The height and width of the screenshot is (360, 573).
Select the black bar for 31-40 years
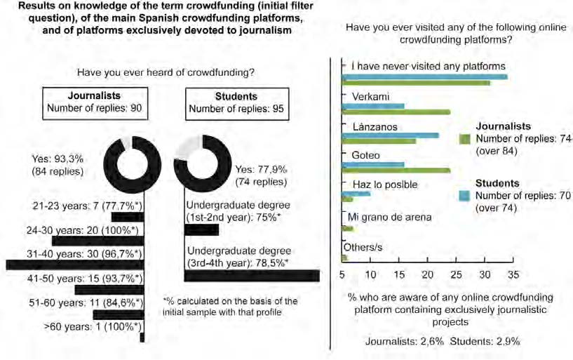point(74,264)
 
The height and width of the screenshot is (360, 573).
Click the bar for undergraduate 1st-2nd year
point(201,229)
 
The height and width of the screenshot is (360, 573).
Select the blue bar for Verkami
point(372,106)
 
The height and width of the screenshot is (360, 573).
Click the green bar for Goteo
point(396,170)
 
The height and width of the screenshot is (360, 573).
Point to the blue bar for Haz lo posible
point(356,193)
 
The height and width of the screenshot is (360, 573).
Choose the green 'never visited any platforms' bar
point(415,83)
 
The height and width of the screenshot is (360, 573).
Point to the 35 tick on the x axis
point(513,260)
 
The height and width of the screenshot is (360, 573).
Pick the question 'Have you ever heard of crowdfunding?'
point(165,72)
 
